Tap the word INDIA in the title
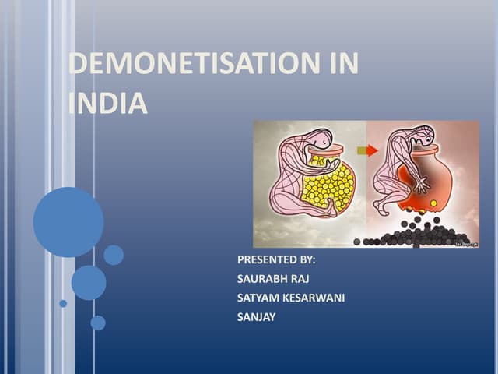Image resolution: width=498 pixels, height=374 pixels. click(x=108, y=104)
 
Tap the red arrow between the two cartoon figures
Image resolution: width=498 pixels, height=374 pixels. click(x=367, y=150)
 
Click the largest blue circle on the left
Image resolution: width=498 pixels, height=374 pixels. click(x=68, y=222)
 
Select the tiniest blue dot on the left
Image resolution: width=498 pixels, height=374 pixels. click(x=63, y=303)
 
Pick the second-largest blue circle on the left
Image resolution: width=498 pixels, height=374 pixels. click(x=89, y=283)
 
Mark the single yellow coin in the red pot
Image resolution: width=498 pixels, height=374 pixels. click(x=433, y=203)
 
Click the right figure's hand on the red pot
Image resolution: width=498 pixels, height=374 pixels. click(x=421, y=186)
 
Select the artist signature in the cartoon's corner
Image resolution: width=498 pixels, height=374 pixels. click(x=466, y=243)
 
